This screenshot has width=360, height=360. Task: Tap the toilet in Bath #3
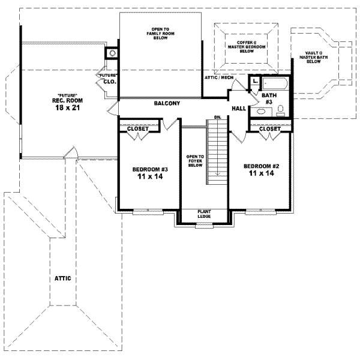280,109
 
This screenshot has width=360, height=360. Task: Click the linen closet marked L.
256,80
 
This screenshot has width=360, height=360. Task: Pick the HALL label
239,109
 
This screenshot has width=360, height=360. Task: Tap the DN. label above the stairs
217,117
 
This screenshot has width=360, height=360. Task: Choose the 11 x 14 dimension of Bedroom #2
259,173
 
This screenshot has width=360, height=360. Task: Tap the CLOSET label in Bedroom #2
270,128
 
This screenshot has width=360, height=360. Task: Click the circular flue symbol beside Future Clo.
112,53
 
